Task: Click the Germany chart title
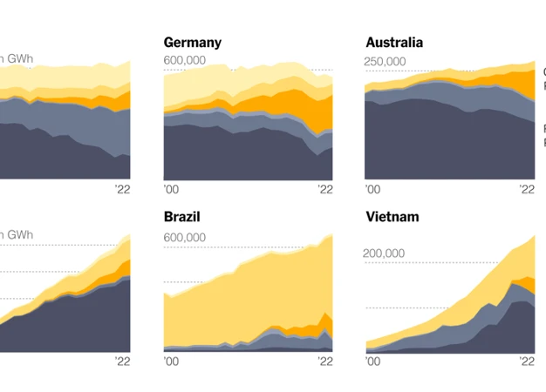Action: tap(193, 43)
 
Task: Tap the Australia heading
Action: tap(394, 43)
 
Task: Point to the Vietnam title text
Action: tap(392, 217)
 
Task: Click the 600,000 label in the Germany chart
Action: tap(185, 60)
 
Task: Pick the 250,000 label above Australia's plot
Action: tap(386, 61)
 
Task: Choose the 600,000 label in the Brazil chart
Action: tap(185, 237)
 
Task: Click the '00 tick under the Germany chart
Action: tap(170, 189)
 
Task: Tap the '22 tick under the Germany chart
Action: tap(325, 189)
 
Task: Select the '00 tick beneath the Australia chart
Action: tap(372, 189)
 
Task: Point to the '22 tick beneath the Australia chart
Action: tap(527, 189)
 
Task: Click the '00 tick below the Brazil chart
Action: tap(170, 361)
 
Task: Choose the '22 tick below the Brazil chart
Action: tap(325, 361)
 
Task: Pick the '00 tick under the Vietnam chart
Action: tap(372, 361)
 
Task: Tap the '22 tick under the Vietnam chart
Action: tap(527, 361)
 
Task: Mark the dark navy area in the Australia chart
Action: tap(419, 144)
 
